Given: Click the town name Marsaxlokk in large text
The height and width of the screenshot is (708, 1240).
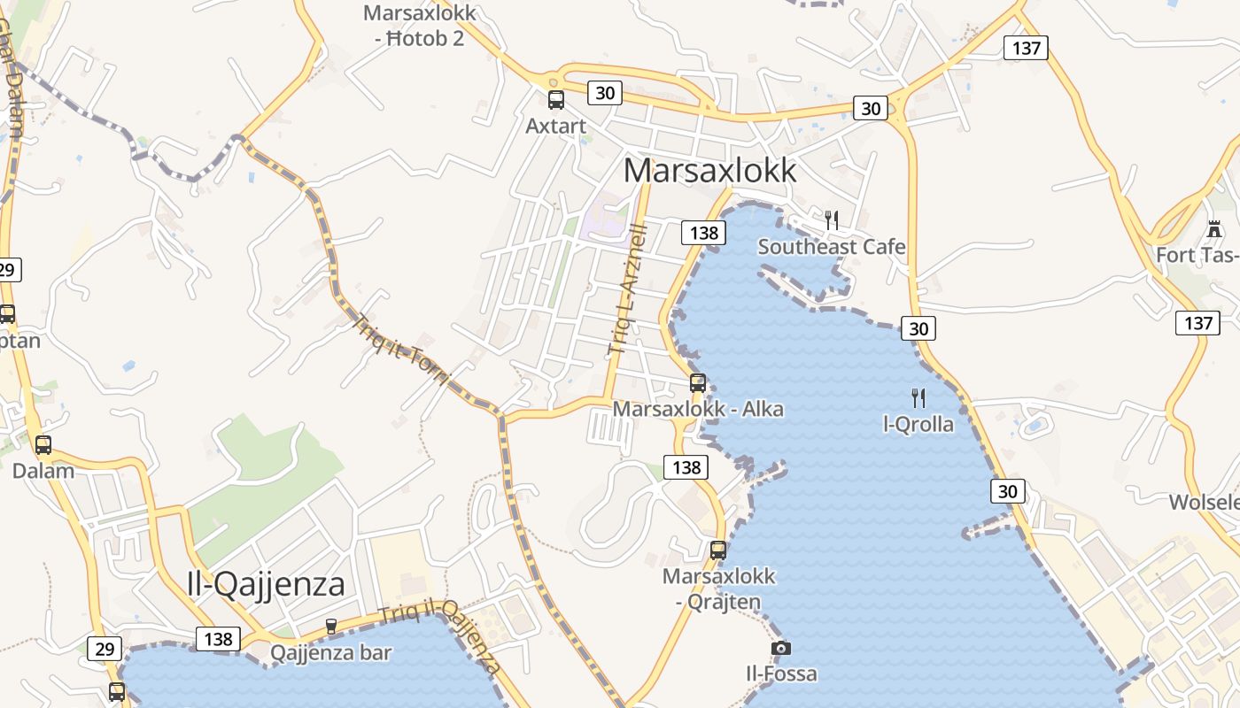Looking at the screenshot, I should (710, 170).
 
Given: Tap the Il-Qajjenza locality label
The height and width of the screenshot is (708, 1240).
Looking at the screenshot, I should (266, 583).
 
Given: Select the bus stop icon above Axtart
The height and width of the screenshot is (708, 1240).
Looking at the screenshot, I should (556, 99).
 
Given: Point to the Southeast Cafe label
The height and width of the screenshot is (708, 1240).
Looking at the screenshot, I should (832, 247).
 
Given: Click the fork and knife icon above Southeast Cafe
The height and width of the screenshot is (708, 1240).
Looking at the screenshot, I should (831, 219).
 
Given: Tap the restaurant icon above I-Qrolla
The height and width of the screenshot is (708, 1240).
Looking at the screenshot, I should (918, 397).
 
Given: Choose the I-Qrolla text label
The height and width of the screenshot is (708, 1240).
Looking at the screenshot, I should (918, 424).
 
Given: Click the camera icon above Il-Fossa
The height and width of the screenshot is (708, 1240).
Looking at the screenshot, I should (780, 648).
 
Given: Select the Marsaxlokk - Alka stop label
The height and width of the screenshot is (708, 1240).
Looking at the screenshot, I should (698, 410).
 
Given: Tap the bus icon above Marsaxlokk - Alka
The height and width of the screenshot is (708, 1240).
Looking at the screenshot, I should (698, 383).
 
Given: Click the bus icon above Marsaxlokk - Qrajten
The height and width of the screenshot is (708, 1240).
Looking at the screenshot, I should (718, 550).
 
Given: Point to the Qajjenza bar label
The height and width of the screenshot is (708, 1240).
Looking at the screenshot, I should (330, 653).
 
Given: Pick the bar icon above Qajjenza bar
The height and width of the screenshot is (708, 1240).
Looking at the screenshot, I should (331, 627).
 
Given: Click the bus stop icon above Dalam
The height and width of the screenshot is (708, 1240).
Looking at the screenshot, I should (43, 445).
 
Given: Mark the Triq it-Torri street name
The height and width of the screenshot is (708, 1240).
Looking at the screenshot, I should (401, 349).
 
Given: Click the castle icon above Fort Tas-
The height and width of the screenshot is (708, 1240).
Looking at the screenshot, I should (1214, 229).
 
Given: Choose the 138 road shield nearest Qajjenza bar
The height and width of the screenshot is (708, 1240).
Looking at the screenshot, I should (218, 639).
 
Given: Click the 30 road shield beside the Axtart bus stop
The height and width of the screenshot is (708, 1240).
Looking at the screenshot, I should (605, 92).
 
